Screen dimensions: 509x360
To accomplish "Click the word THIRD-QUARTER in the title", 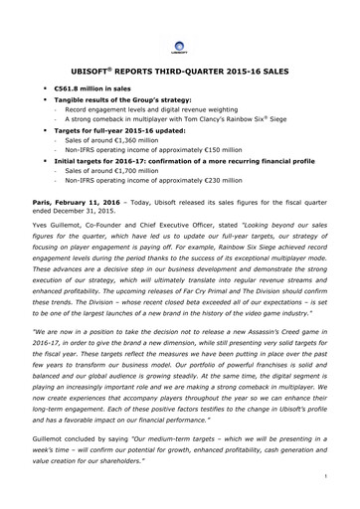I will coord(204,74).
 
